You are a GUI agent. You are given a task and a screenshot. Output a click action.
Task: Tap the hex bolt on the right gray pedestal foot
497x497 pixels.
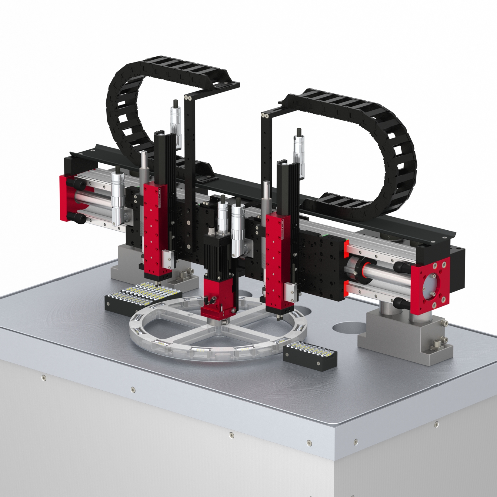click(437, 343)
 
